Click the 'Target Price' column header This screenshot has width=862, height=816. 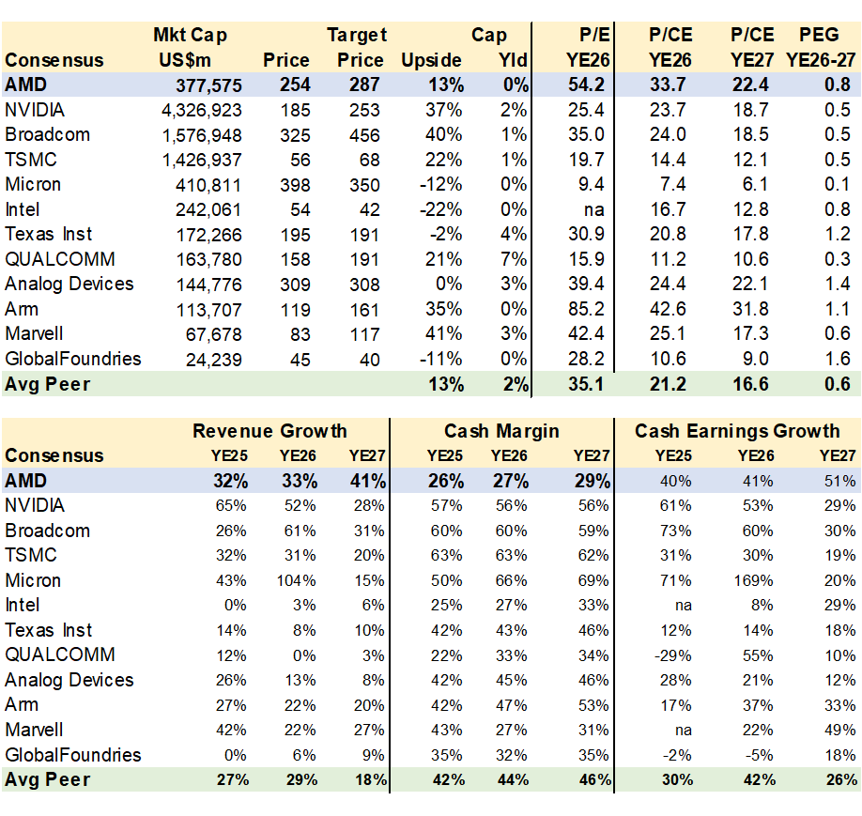[357, 48]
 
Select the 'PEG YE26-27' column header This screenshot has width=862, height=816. [818, 48]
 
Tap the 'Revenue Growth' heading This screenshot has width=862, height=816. [269, 432]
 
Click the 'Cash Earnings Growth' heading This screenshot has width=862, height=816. [737, 432]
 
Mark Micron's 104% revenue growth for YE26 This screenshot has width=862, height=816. [297, 580]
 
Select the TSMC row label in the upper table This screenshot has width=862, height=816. [31, 160]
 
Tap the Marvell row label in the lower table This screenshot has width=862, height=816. [34, 730]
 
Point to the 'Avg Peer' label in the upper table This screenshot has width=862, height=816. [48, 383]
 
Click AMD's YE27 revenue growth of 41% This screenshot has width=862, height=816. [366, 481]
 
